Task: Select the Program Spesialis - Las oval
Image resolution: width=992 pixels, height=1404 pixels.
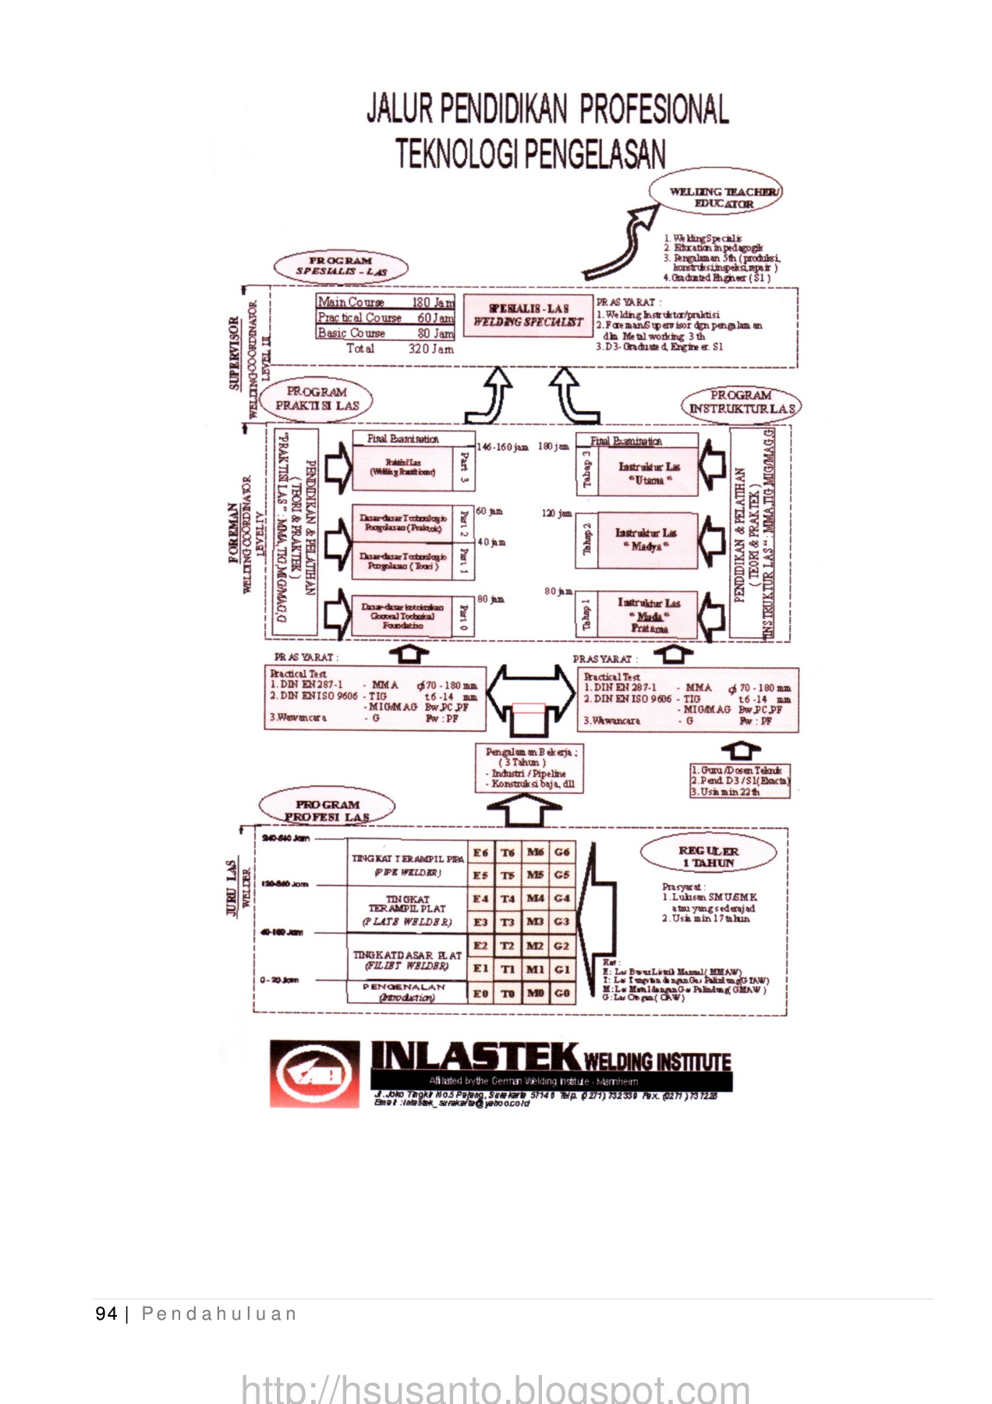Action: coord(341,266)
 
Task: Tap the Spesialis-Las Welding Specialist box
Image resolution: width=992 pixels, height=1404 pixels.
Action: coord(528,315)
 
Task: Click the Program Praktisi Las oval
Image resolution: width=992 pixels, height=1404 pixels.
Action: coord(317,399)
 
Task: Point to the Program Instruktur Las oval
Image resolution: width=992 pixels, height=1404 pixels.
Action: coord(741,402)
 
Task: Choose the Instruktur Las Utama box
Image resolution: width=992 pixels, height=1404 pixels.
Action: coord(649,473)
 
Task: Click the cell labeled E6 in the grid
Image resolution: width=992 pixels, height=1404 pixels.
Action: coord(480,853)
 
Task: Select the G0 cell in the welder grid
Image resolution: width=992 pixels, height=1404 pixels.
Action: coord(562,993)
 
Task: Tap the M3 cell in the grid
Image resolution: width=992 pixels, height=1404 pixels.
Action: coord(535,922)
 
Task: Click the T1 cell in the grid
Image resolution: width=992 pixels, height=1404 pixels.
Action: coord(508,969)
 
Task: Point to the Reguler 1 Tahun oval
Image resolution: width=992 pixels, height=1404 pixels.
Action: coord(708,856)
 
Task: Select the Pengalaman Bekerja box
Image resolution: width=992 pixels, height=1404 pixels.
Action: coord(530,768)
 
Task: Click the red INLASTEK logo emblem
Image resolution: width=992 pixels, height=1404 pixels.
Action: coord(315,1073)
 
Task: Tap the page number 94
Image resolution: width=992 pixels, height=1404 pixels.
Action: coord(106,1314)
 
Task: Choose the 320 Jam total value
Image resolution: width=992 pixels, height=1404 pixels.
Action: coord(430,349)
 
